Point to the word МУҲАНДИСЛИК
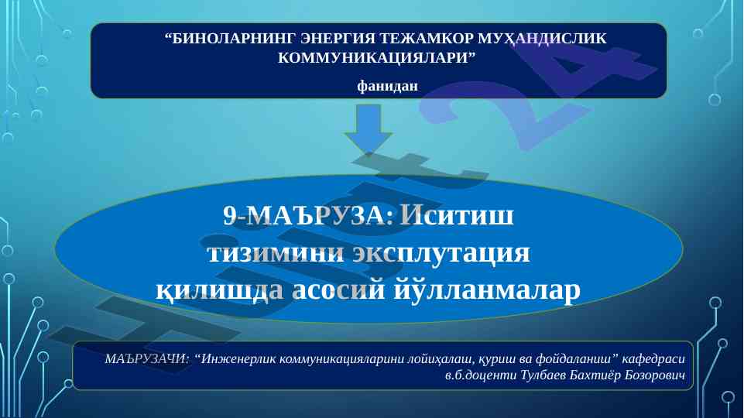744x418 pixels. pyautogui.click(x=542, y=39)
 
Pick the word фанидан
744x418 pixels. pyautogui.click(x=388, y=85)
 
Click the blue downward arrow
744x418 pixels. pyautogui.click(x=369, y=128)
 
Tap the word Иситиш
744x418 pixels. pyautogui.click(x=457, y=215)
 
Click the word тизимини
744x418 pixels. pyautogui.click(x=276, y=252)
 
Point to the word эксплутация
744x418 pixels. pyautogui.click(x=441, y=254)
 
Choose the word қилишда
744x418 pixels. pyautogui.click(x=220, y=290)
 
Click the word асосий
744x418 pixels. pyautogui.click(x=338, y=290)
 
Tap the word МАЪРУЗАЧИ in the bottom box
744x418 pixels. pyautogui.click(x=146, y=358)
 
